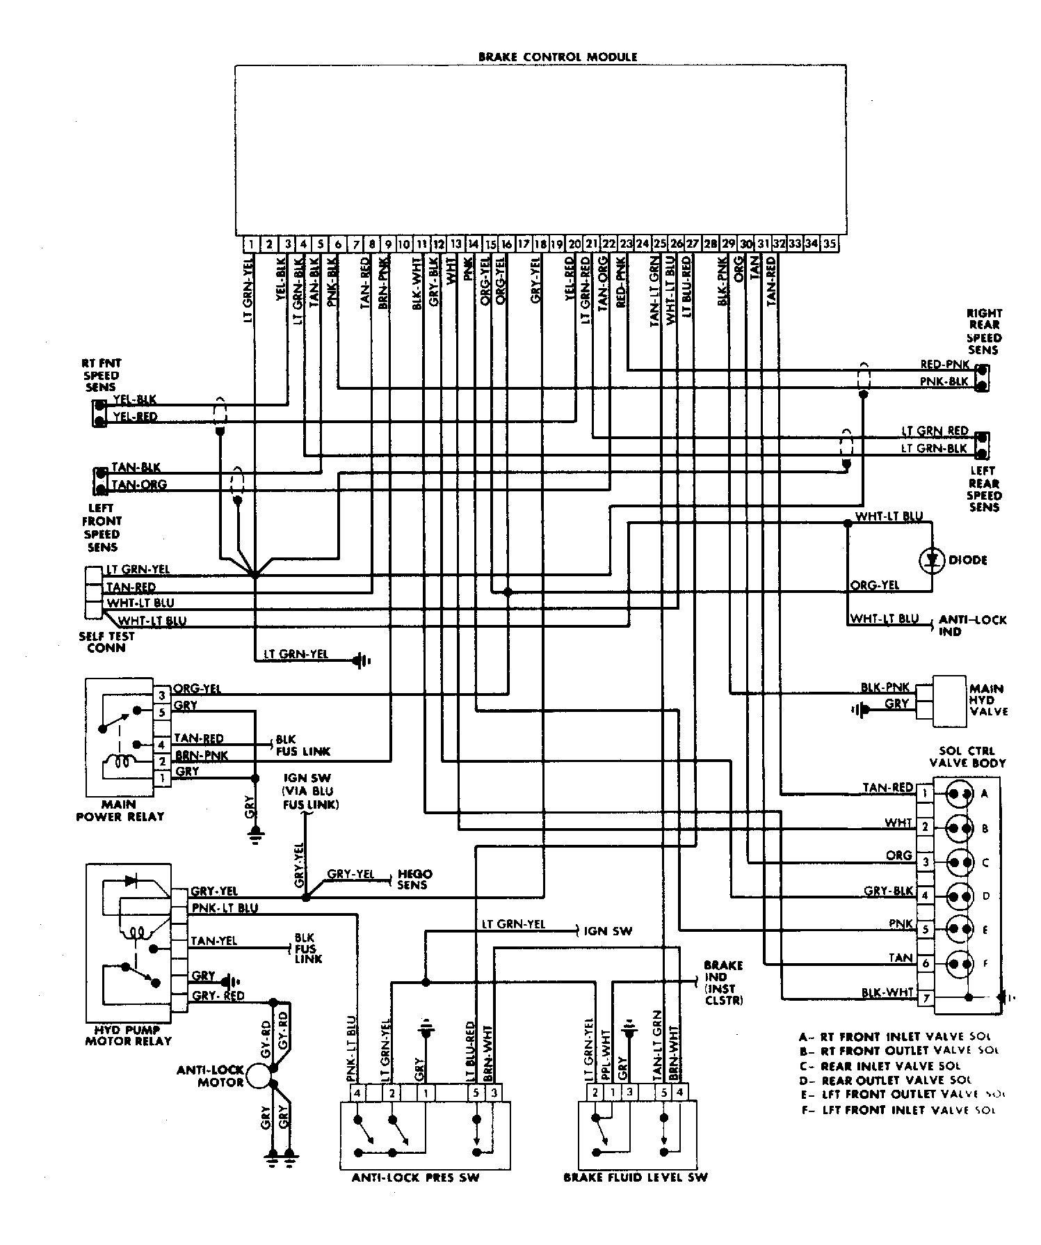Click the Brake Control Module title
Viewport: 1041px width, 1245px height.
557,57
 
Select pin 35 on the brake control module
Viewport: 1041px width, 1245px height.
830,244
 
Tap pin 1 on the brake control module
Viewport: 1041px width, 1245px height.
250,244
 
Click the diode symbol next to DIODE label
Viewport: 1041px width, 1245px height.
931,560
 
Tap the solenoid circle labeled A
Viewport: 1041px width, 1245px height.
960,794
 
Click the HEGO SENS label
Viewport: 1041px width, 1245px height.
414,880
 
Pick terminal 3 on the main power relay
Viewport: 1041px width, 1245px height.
161,695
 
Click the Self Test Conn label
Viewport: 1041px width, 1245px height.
106,642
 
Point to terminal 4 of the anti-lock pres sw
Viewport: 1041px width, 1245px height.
357,1093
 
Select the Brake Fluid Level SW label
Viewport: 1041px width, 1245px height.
635,1177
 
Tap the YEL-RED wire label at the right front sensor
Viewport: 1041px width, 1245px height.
136,417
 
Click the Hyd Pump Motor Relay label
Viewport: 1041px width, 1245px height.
128,1036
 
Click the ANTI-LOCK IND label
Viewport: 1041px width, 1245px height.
971,625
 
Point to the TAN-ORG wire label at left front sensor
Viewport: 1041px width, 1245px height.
139,485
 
